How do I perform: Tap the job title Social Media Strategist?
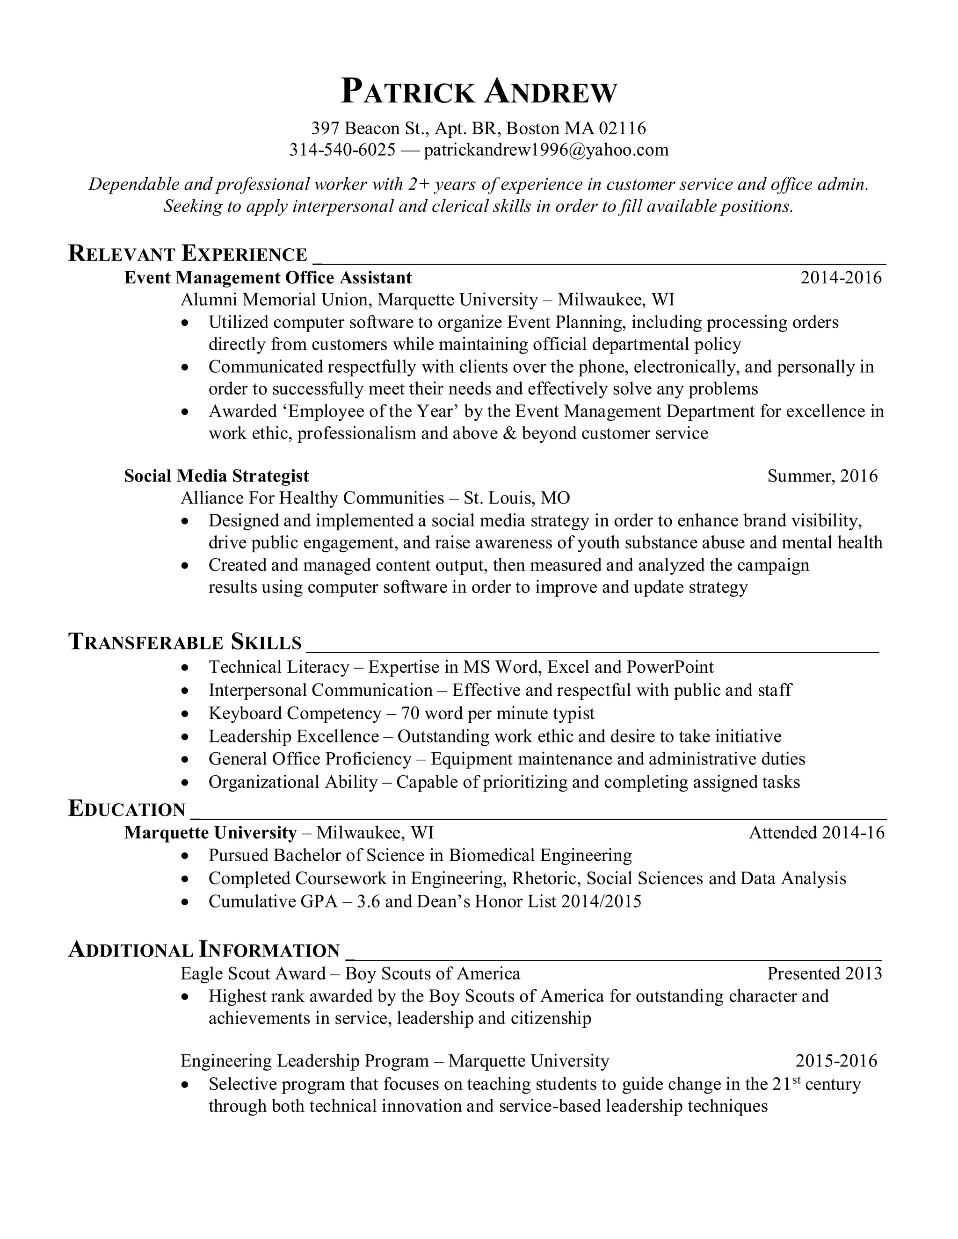click(216, 475)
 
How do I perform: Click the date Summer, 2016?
click(822, 475)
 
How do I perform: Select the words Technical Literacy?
click(279, 667)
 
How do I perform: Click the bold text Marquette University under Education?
click(210, 833)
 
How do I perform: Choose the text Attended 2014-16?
click(816, 833)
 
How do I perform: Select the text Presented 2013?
click(825, 973)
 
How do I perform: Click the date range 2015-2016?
click(836, 1061)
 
